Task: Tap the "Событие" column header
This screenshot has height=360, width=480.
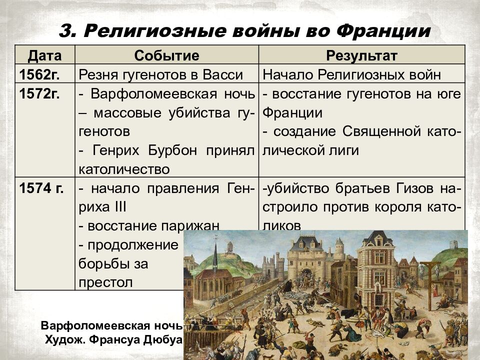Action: tap(166, 54)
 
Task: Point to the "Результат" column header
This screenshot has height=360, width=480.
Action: tap(362, 54)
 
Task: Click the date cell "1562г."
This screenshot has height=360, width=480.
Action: tap(39, 75)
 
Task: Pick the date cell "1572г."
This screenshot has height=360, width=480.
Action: tap(39, 94)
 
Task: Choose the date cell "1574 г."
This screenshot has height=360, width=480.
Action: tap(41, 189)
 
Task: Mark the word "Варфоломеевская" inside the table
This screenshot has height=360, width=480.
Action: tap(147, 94)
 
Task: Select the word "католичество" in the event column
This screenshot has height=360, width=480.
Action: tap(124, 169)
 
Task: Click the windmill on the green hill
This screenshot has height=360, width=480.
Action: tap(230, 246)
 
